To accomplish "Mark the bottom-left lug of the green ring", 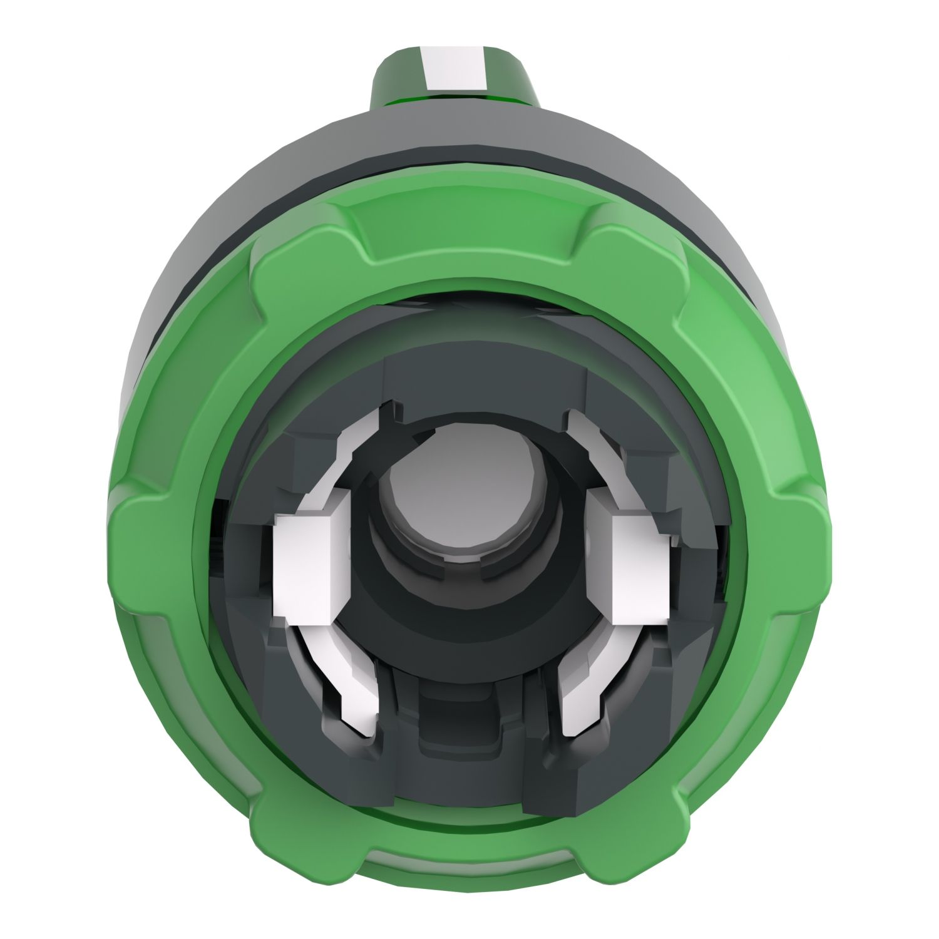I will coord(288,814).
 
